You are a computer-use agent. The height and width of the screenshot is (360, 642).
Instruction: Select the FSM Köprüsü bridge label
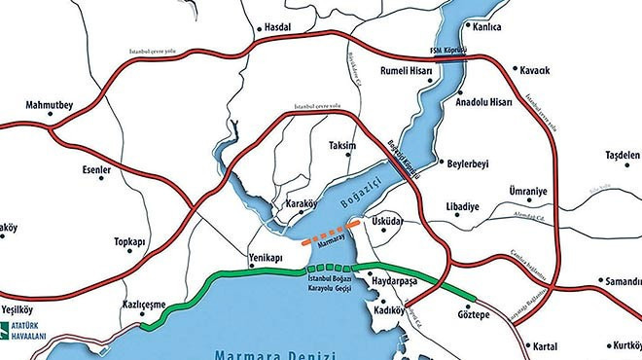[x=449, y=49]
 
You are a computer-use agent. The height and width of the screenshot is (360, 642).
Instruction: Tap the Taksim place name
[x=342, y=145]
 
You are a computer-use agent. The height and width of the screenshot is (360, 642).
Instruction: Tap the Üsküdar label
[x=386, y=223]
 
